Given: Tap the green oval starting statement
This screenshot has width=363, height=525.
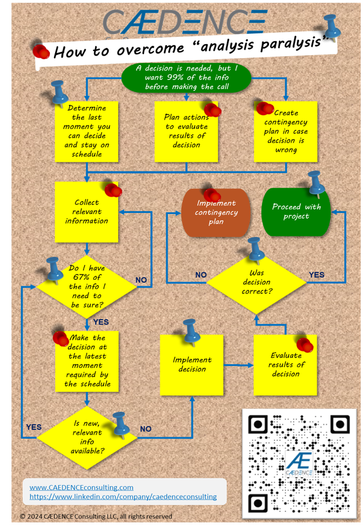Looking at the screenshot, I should (186, 77).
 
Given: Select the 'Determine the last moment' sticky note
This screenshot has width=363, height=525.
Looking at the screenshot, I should (87, 131).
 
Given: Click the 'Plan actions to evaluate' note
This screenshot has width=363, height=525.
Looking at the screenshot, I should (186, 131).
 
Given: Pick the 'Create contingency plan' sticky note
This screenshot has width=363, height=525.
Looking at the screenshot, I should (285, 131).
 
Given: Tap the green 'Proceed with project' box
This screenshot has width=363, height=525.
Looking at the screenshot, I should (296, 212).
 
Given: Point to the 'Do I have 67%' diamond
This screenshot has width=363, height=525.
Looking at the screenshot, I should (86, 287).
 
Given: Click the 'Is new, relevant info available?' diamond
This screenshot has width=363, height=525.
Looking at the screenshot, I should (87, 436).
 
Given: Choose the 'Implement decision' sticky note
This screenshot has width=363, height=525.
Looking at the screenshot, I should (191, 364).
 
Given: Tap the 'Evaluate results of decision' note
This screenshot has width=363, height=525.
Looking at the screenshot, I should (285, 364).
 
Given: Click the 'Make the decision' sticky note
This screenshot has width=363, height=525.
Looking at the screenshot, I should (87, 361).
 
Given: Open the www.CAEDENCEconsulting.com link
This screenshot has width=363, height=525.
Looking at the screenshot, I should (82, 487).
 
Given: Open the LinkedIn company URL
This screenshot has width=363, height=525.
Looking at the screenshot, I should (123, 497).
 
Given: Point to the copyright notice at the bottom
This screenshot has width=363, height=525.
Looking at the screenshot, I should (96, 516).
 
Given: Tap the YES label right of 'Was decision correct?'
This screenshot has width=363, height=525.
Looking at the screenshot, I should (317, 275).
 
